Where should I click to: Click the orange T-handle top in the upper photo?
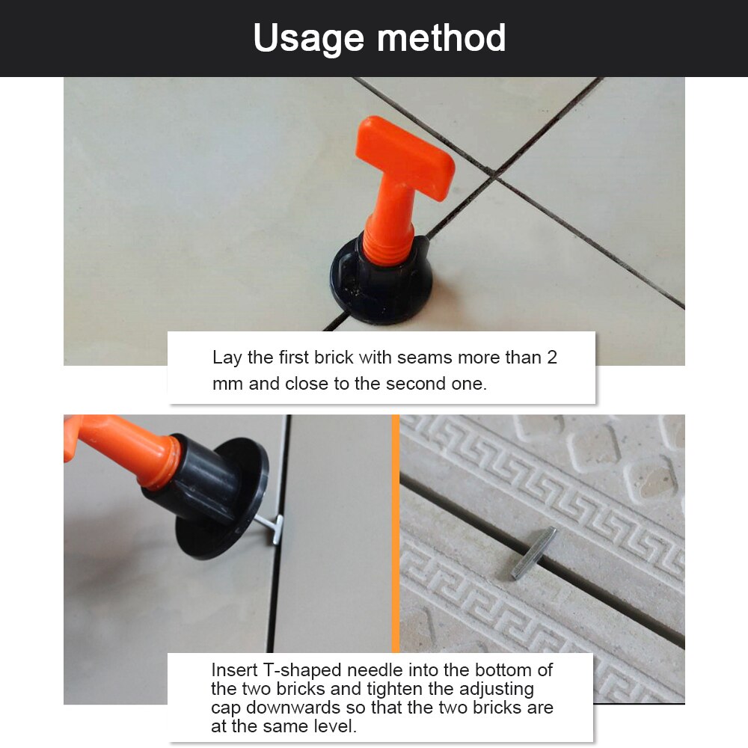405,158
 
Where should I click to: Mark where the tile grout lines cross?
494,176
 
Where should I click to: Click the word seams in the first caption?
424,358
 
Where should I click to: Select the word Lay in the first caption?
227,358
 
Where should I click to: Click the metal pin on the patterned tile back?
534,553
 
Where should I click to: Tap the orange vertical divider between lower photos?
395,524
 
